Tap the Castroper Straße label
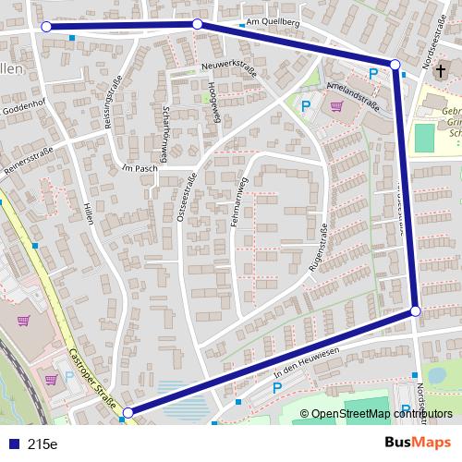pos(91,379)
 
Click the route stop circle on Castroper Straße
pos(128,413)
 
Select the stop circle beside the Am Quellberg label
pos(197,24)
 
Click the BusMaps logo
pos(418,443)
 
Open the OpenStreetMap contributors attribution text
pos(383,413)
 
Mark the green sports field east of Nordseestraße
pos(424,139)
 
